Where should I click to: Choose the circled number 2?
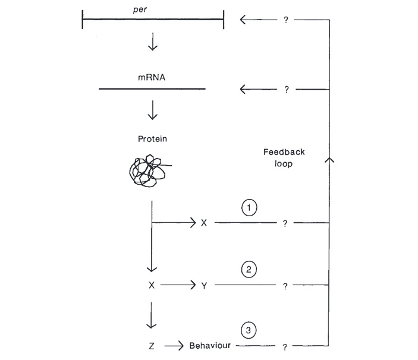249,269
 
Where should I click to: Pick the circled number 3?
249,329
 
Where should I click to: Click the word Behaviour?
212,345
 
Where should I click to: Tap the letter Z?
152,345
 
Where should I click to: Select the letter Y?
204,285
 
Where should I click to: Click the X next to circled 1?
204,223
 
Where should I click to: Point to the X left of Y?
152,285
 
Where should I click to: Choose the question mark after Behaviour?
285,345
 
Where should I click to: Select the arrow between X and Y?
178,285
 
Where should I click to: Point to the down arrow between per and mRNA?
152,43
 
